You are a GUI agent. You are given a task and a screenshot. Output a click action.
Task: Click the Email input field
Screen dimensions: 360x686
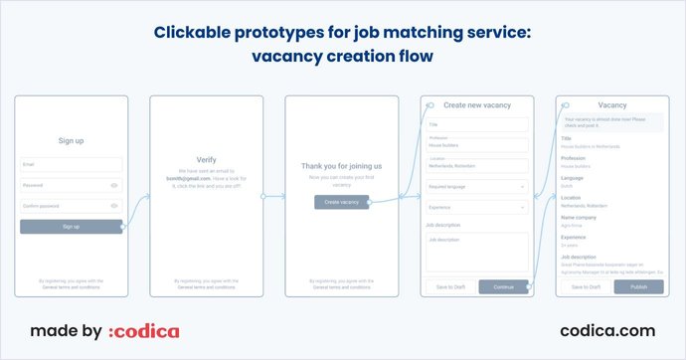[x=71, y=164]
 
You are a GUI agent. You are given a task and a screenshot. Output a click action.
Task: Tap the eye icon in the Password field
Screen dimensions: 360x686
[x=114, y=185]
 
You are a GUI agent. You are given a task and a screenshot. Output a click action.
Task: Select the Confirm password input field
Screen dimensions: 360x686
[x=66, y=206]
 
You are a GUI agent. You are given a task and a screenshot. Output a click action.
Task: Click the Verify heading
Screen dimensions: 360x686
[x=206, y=159]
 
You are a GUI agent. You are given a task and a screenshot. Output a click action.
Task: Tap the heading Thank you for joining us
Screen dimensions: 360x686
[x=342, y=165]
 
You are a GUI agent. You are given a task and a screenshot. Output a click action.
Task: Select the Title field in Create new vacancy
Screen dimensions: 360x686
[x=476, y=124]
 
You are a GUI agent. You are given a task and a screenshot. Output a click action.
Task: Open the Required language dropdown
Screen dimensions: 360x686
[x=476, y=185]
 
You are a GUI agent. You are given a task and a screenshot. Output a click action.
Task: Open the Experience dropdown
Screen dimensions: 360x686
[x=476, y=208]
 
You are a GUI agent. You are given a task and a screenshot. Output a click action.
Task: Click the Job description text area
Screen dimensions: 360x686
[x=476, y=253]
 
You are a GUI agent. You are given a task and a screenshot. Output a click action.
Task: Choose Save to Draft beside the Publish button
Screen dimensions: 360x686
[x=585, y=286]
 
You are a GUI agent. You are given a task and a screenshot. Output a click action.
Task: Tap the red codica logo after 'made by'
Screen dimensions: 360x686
[x=144, y=330]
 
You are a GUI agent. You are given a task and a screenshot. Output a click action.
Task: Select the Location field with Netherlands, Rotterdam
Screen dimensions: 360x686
[x=476, y=162]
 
